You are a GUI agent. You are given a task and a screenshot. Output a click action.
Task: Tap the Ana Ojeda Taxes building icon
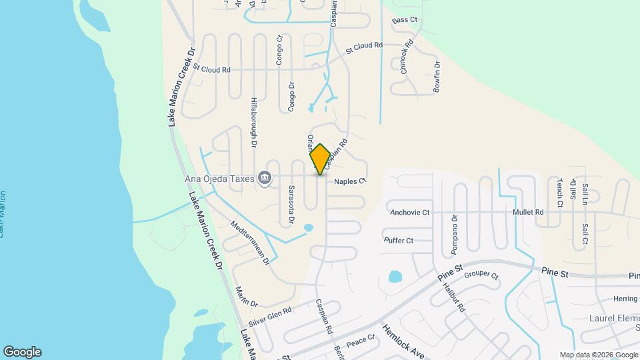point(265,178)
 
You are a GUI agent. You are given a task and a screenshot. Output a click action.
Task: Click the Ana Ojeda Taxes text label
point(221,178)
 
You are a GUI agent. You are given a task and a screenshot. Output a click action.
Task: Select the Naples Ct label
point(351,181)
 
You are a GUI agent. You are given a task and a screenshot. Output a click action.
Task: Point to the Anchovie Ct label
point(410,213)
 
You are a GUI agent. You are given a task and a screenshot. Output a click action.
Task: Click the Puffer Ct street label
point(399,241)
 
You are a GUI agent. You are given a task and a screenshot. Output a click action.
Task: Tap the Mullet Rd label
point(528,212)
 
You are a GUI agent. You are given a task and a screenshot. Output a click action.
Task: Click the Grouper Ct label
point(481,275)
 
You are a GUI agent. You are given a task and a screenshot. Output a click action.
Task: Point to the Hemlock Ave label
point(403,341)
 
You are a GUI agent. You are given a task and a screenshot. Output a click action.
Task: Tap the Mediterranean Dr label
point(249,243)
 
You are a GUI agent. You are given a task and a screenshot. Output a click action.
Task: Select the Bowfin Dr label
point(437,76)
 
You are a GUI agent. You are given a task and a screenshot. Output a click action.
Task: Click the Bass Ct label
point(405,21)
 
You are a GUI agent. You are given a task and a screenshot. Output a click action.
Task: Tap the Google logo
point(22,352)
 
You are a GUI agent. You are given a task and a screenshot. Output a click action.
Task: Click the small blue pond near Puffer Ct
point(395,276)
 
